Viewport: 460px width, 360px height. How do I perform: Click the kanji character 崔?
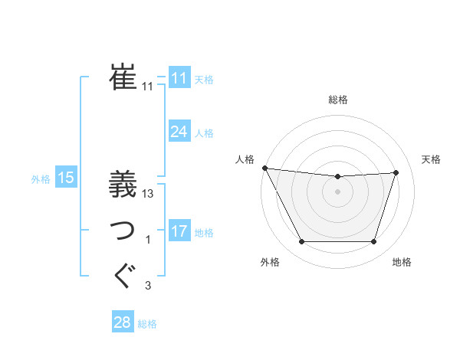123,77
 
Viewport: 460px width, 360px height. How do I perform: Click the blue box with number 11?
179,78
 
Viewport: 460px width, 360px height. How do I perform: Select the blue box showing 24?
179,132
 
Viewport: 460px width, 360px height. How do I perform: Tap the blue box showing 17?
179,231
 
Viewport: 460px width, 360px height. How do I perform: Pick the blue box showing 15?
65,178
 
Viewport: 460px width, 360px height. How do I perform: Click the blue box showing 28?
123,322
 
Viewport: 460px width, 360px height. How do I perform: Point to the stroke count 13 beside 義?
148,194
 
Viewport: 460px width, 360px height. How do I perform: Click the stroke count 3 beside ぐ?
148,286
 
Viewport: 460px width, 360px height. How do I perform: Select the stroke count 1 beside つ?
148,241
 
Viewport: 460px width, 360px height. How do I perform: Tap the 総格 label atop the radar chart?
337,100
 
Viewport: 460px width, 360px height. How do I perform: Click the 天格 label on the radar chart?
431,159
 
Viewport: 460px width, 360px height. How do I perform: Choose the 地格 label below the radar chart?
402,262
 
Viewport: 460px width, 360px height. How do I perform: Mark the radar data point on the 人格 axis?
264,168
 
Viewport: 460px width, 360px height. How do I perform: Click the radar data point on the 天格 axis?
396,172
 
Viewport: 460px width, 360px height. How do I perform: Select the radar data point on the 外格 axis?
301,242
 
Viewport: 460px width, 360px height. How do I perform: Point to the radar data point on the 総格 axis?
337,177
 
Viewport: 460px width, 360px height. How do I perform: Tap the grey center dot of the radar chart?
337,191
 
